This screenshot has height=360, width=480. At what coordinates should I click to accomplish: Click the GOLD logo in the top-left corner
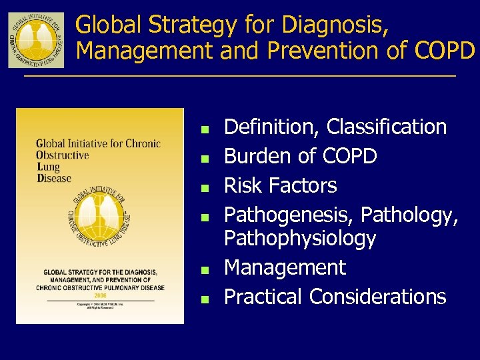[36, 39]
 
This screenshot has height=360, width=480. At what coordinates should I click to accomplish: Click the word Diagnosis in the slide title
[333, 25]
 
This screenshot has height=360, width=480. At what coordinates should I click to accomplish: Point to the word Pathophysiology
[300, 238]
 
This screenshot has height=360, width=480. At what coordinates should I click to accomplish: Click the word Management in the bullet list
[285, 268]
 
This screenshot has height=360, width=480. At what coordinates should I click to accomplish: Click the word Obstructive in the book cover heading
[62, 155]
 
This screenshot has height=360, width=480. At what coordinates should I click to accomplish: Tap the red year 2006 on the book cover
[101, 293]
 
